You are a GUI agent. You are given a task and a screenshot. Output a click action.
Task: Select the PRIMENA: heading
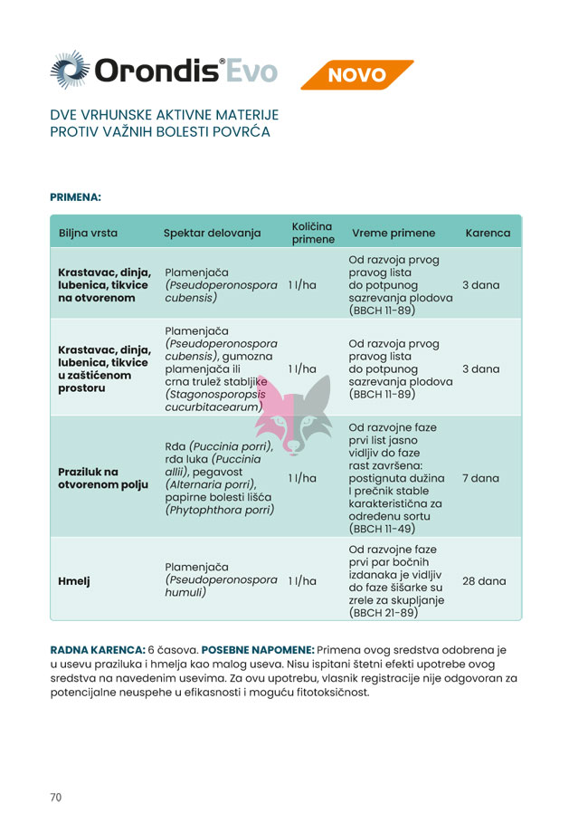click(x=75, y=196)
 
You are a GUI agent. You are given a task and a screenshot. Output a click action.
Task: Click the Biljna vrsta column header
click(x=88, y=233)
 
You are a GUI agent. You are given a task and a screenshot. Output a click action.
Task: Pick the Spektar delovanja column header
click(x=212, y=233)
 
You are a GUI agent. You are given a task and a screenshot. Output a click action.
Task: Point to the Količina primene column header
click(x=312, y=233)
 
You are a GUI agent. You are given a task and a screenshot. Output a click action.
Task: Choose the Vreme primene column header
click(x=393, y=233)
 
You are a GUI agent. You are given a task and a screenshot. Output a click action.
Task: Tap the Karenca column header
click(x=488, y=233)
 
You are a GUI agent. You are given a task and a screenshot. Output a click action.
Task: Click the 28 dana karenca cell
click(x=484, y=580)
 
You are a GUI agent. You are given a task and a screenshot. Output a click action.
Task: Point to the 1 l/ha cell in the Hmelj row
click(x=302, y=580)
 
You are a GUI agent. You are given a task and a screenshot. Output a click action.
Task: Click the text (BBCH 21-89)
click(x=383, y=612)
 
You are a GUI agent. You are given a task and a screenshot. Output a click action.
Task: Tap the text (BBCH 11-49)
click(x=383, y=528)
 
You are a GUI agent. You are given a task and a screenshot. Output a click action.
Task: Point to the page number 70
click(x=56, y=798)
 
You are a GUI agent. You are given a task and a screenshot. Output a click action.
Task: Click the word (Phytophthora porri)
click(x=220, y=509)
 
